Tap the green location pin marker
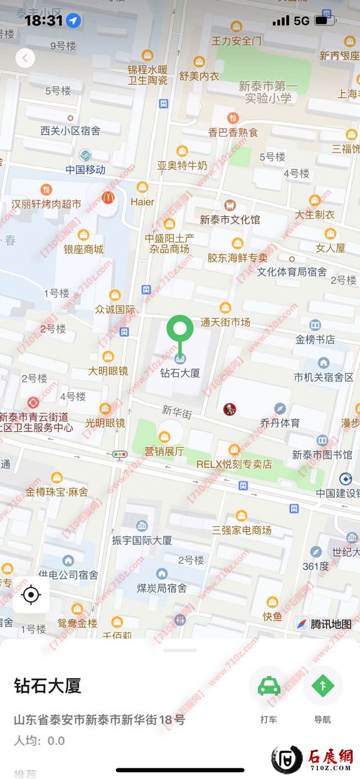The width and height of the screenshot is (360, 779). pyautogui.click(x=179, y=329)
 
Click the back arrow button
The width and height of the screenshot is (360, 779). pyautogui.click(x=25, y=58)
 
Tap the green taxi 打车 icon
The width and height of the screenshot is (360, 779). pyautogui.click(x=268, y=685)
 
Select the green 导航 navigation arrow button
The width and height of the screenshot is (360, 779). pyautogui.click(x=322, y=685)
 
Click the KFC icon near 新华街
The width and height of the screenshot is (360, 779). pyautogui.click(x=229, y=409)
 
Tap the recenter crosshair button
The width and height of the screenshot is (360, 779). pyautogui.click(x=31, y=595)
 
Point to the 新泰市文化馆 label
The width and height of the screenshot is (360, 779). pyautogui.click(x=230, y=220)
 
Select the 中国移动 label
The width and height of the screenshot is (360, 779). pyautogui.click(x=85, y=170)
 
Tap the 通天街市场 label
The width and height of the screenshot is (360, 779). pyautogui.click(x=225, y=322)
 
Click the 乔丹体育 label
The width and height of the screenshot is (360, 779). pyautogui.click(x=280, y=423)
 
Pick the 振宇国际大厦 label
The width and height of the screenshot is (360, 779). pyautogui.click(x=142, y=540)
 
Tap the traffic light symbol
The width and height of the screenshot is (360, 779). pyautogui.click(x=120, y=454)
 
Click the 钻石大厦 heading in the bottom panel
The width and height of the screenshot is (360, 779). pyautogui.click(x=47, y=685)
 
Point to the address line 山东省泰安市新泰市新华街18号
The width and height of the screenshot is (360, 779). pyautogui.click(x=100, y=720)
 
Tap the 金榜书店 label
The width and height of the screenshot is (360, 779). pyautogui.click(x=315, y=339)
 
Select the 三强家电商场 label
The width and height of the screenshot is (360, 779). pyautogui.click(x=241, y=530)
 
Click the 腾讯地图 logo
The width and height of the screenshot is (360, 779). pyautogui.click(x=324, y=624)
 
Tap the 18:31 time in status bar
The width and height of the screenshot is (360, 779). pyautogui.click(x=44, y=20)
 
